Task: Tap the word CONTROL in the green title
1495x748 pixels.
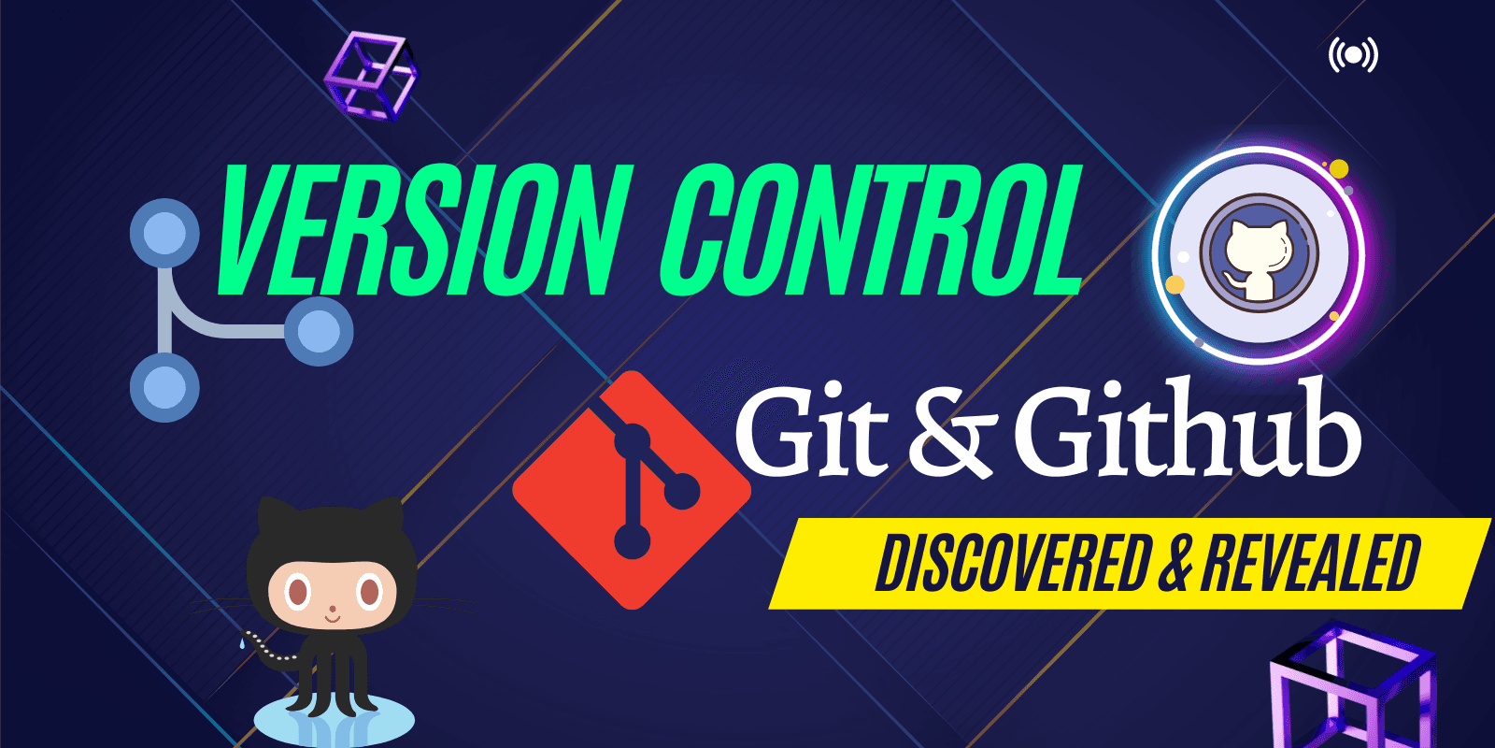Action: coord(872,230)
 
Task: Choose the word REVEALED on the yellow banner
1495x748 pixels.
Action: coord(1312,565)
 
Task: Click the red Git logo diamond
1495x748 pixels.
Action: coord(632,490)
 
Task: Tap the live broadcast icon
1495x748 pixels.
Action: coord(1353,55)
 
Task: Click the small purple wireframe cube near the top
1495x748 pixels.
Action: coord(371,75)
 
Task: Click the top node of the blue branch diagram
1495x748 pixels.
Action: coord(164,234)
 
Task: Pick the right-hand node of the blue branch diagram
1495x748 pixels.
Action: coord(319,331)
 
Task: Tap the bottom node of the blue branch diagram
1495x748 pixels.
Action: coord(164,387)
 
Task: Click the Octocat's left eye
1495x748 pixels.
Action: coord(298,592)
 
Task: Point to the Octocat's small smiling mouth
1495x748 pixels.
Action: coord(333,619)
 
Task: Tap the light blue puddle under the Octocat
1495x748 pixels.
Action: coord(334,721)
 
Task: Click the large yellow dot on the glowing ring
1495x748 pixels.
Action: coord(1339,169)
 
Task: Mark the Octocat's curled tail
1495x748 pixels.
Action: coord(267,649)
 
